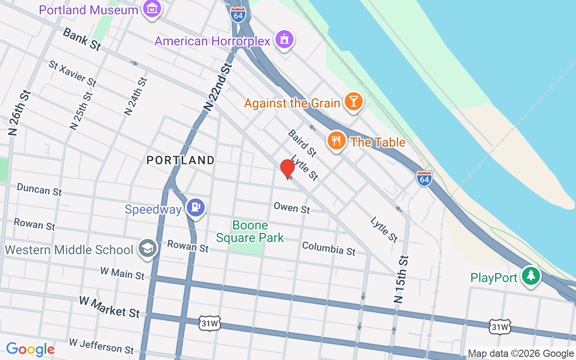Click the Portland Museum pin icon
coord(153,9)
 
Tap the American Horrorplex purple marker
coord(285,40)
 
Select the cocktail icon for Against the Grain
coord(353,102)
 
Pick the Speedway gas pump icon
coord(196,207)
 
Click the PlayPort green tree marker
coord(531,276)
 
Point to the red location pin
coord(287,169)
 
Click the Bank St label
coord(81,39)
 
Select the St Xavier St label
coord(72,73)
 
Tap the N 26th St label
coord(19,112)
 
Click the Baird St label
coord(302,140)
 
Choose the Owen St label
coord(292,207)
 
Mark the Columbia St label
coord(328,248)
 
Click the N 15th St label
coord(401,279)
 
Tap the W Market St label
coord(109,307)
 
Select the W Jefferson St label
coord(101,346)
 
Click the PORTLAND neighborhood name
coord(180,160)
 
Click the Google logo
coord(30,349)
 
